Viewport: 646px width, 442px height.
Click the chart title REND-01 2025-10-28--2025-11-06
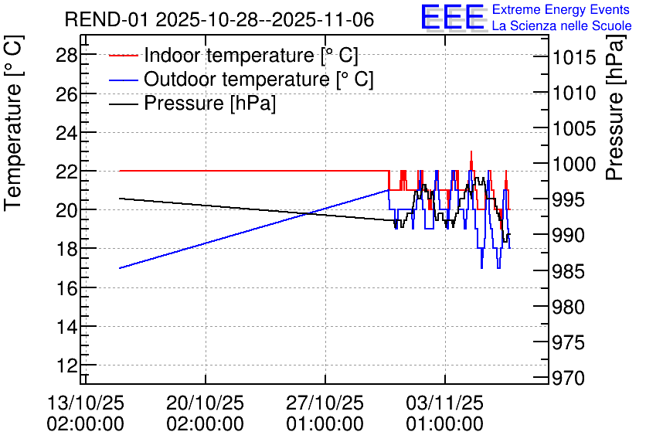click(x=219, y=19)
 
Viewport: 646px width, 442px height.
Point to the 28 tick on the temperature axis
click(x=66, y=55)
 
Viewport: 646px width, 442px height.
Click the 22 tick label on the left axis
click(x=66, y=172)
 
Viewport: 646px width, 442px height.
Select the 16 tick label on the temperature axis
click(x=66, y=288)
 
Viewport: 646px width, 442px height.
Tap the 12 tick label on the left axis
click(x=66, y=365)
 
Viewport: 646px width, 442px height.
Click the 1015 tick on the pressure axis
click(x=569, y=57)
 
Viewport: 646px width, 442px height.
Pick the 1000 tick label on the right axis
click(x=569, y=165)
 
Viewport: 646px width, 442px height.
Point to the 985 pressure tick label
click(x=569, y=271)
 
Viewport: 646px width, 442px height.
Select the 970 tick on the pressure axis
click(x=569, y=378)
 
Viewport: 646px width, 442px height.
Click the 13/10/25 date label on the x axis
click(x=86, y=403)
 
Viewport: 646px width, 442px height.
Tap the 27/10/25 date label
click(x=325, y=403)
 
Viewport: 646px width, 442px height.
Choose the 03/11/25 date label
click(x=445, y=403)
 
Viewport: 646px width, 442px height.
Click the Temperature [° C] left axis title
click(x=13, y=123)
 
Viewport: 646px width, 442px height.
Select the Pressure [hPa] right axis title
click(x=615, y=107)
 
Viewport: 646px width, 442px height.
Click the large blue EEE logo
click(x=453, y=17)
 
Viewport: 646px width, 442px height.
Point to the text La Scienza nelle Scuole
click(x=562, y=26)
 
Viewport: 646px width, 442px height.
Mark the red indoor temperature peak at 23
click(x=471, y=152)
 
